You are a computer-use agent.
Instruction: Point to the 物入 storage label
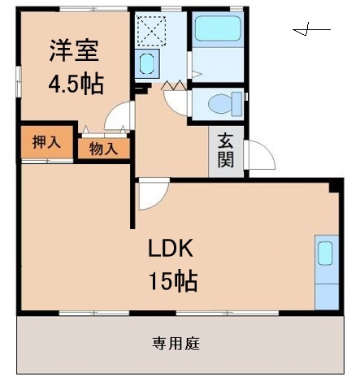point(104,148)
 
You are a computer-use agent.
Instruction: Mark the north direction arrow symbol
point(311,32)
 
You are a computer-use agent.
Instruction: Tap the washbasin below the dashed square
point(147,63)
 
